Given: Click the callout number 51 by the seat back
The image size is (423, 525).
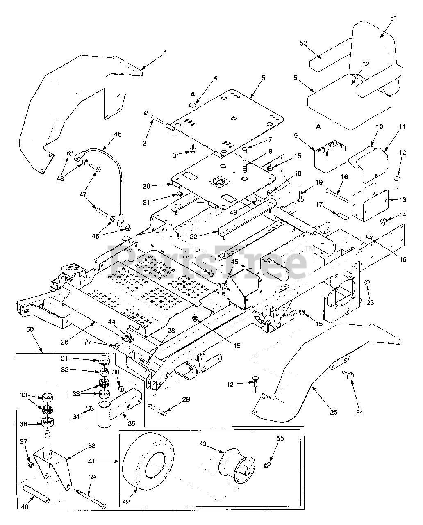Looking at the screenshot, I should point(393,18).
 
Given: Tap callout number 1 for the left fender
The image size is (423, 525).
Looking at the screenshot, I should point(165,52).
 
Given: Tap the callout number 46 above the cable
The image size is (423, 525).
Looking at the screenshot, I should point(118,134).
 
